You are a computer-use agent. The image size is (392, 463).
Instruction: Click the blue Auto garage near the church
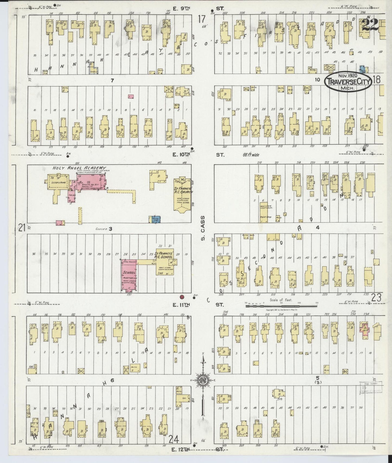tap(156, 220)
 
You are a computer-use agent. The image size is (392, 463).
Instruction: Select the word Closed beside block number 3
tap(100, 229)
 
